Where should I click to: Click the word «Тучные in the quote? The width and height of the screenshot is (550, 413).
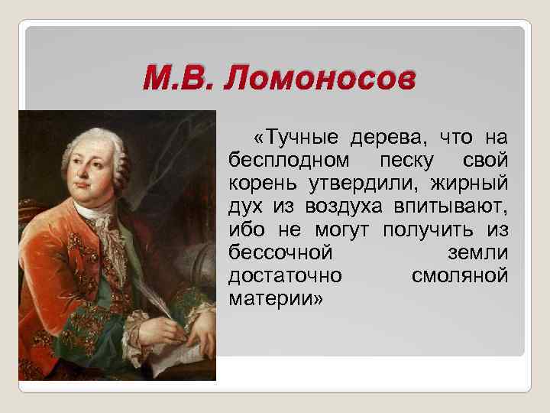tap(297, 138)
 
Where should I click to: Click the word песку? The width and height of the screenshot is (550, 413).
tap(406, 161)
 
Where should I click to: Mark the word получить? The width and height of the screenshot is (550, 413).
tap(422, 230)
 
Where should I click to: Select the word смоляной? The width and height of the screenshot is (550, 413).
tap(459, 275)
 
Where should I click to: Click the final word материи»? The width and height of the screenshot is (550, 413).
tap(276, 298)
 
